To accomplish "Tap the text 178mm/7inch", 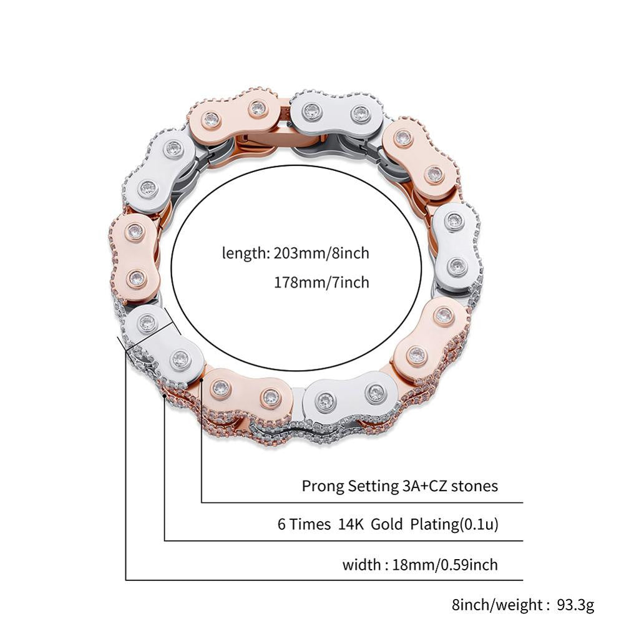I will tap(321, 283).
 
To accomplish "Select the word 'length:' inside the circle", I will tap(245, 253).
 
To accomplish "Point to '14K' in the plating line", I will tap(351, 525).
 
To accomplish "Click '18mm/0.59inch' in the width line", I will tap(445, 565).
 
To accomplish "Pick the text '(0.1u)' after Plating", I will tap(478, 525).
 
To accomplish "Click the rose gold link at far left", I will tap(135, 256).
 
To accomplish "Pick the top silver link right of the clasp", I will tap(335, 113).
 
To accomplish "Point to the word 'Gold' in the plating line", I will tap(387, 525).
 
